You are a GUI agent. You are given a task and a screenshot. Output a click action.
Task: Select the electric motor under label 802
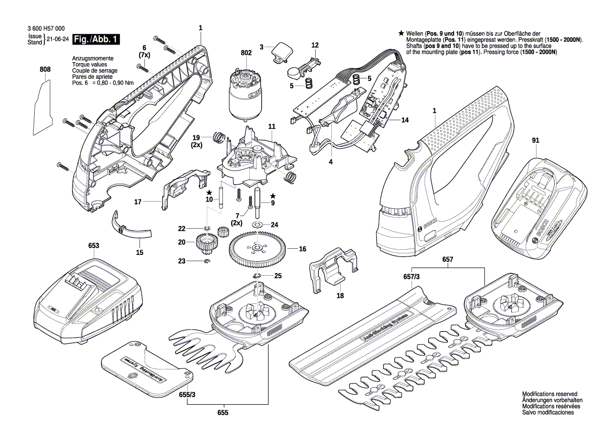[x=245, y=96]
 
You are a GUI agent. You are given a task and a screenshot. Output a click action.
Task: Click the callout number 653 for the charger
[x=93, y=245]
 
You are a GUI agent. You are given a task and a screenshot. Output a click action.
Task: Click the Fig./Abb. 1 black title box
[x=96, y=39]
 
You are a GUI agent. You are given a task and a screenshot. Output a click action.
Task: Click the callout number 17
[x=138, y=202]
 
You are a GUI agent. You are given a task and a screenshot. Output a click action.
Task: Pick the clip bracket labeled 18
[x=334, y=266]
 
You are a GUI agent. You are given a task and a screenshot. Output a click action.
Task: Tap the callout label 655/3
[x=188, y=394]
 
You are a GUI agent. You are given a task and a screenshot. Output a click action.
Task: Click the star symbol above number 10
[x=209, y=192]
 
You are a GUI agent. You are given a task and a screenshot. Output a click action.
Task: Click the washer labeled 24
[x=257, y=224]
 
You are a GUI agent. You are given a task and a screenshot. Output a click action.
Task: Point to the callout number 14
[x=404, y=120]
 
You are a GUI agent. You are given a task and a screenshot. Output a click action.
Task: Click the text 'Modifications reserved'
[x=549, y=394]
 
